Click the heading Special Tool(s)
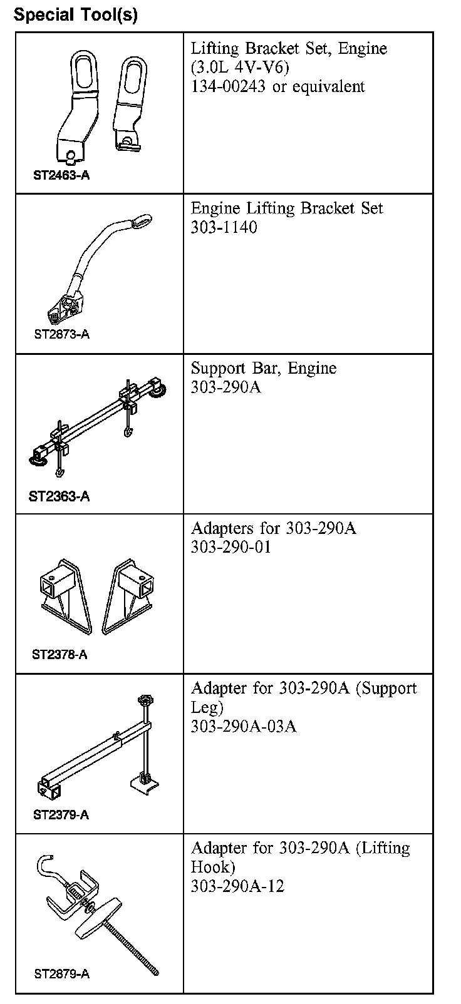click(x=76, y=14)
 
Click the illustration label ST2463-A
click(x=61, y=175)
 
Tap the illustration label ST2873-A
click(x=61, y=334)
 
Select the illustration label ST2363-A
click(x=59, y=496)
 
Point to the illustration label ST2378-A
click(x=60, y=655)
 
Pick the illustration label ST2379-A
click(x=61, y=815)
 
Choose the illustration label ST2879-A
click(x=61, y=974)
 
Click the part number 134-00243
click(x=228, y=86)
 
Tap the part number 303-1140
click(x=224, y=227)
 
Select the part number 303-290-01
click(x=231, y=547)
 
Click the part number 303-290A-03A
click(x=244, y=726)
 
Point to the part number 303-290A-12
click(x=237, y=886)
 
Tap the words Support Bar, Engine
click(x=263, y=368)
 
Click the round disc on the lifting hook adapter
click(x=100, y=919)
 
